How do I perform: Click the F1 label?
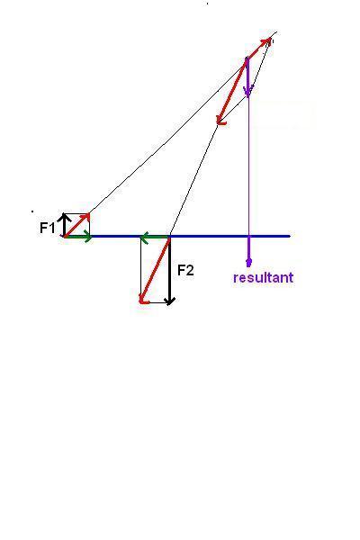(47, 228)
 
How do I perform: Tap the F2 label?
(185, 271)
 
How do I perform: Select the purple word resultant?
(263, 277)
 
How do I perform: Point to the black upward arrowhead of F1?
(64, 217)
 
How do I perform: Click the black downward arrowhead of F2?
(169, 301)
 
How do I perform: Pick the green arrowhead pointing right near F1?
(88, 237)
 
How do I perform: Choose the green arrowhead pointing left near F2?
(144, 237)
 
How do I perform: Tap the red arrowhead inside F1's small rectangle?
(86, 217)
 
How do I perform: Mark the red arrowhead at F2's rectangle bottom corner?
(143, 300)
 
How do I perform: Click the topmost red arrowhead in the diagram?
(267, 42)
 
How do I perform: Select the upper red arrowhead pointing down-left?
(220, 120)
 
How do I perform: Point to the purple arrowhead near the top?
(247, 92)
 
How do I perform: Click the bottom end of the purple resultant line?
(248, 265)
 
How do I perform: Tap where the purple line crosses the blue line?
(248, 236)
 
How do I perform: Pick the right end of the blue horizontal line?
(290, 236)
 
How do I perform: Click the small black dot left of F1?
(32, 211)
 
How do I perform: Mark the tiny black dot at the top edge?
(207, 4)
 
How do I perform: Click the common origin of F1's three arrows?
(65, 236)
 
